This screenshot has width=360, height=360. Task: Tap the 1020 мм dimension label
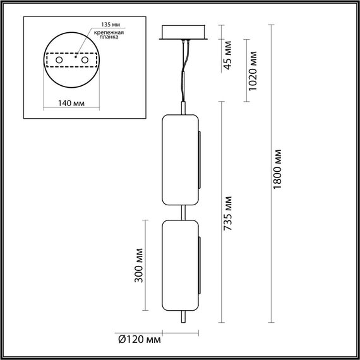(x=253, y=71)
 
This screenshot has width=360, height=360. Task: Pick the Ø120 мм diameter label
(x=139, y=340)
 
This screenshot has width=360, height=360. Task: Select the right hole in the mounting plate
(x=82, y=59)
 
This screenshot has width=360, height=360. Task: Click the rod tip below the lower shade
(x=184, y=319)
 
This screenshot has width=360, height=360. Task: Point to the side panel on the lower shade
(x=200, y=265)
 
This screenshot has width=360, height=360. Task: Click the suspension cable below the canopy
(x=184, y=76)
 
